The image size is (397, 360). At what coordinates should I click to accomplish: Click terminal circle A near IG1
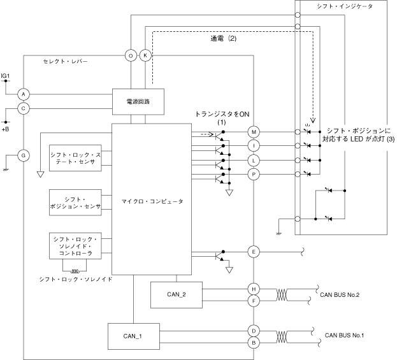tap(24, 94)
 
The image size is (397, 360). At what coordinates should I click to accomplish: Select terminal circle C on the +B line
tap(24, 108)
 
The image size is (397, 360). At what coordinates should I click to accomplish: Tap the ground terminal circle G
tap(24, 154)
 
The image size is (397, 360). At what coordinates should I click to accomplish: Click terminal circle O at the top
tap(131, 55)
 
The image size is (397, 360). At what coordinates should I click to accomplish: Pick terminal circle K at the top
tap(145, 55)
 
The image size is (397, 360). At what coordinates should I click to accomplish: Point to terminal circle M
tap(254, 132)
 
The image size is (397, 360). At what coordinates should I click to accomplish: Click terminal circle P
tap(254, 174)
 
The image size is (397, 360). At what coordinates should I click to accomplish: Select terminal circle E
tap(254, 252)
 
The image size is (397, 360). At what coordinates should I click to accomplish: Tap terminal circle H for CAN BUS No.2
tap(254, 288)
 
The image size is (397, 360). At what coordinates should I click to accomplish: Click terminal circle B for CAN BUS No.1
tap(254, 342)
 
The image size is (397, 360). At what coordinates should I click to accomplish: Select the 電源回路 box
tap(138, 102)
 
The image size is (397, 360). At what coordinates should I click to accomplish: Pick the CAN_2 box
tap(176, 294)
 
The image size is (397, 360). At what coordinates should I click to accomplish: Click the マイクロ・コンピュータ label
tap(152, 201)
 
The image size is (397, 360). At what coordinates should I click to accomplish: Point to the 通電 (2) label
tap(224, 38)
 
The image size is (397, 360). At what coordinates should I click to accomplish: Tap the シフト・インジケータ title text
tap(344, 5)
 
